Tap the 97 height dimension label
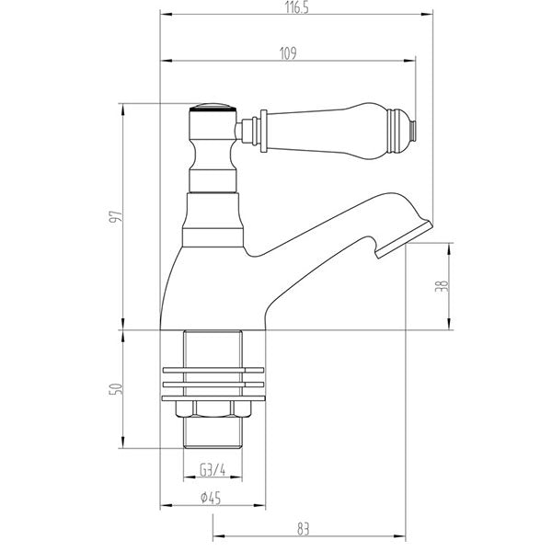[x=115, y=217]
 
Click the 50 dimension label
[x=115, y=389]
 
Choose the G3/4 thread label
[x=213, y=472]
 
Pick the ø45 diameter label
[x=213, y=500]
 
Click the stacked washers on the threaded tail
[x=213, y=378]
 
